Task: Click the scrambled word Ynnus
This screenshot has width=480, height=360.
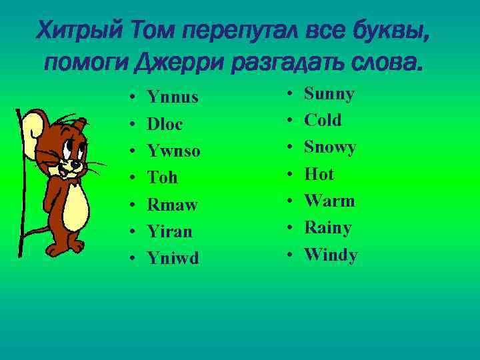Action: coord(173,98)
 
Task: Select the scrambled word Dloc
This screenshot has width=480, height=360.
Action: coord(165,125)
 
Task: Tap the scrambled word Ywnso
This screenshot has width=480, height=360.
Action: coord(173,151)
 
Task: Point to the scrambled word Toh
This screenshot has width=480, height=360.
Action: coord(162,178)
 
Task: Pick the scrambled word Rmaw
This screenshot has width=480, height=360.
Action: coord(172,205)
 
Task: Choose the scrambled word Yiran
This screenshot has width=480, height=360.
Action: coord(169,231)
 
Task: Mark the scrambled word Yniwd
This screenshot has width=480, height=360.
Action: coord(173,258)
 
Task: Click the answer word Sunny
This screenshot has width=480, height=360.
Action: coord(329,94)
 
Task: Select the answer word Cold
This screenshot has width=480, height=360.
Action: coord(323,121)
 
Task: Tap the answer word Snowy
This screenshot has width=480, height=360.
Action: coord(330,147)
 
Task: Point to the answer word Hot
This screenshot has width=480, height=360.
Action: coord(319,175)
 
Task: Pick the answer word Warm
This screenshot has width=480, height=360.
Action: coord(329,201)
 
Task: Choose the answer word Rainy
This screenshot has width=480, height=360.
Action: coord(327,228)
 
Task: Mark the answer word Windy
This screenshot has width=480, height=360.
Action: coord(331,255)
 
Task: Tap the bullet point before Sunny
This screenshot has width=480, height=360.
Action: coord(289,95)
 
